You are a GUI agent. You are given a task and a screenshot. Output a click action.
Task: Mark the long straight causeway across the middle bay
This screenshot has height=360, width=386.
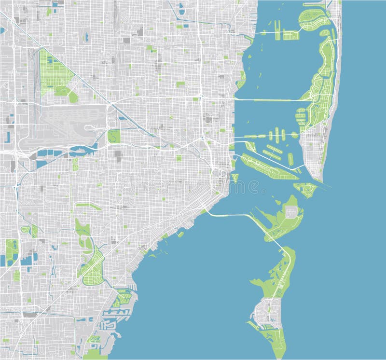pos(270,100)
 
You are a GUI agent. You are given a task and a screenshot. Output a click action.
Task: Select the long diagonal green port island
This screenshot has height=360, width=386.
pos(268,166)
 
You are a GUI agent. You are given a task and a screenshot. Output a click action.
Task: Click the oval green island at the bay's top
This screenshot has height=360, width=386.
pos(314,19)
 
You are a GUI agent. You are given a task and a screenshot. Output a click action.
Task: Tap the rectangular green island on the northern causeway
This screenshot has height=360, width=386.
pos(291,35)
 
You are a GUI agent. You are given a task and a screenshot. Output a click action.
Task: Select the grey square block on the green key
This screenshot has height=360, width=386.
pos(292,212)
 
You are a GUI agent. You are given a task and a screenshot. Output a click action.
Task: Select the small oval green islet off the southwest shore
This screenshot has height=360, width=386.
pos(180,234)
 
